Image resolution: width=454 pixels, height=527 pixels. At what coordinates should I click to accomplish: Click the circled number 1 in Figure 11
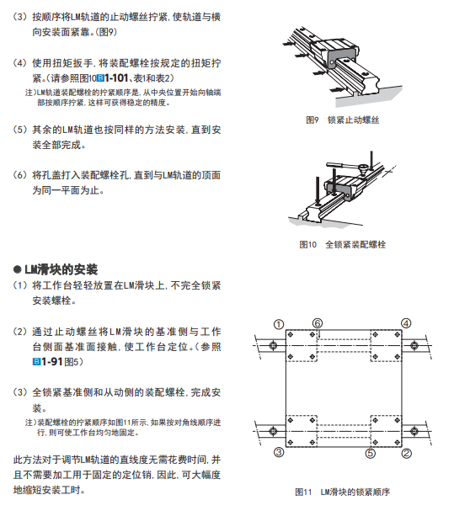click(x=279, y=324)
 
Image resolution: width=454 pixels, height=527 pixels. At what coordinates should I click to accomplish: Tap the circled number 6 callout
click(x=318, y=323)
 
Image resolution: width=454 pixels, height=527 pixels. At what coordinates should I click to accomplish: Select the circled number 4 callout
click(x=406, y=323)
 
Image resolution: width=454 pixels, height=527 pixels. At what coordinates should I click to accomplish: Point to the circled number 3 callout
click(x=279, y=452)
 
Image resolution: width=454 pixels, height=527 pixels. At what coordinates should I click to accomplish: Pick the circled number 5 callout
click(x=371, y=454)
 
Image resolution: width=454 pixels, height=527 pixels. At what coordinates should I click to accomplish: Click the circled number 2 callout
click(x=407, y=454)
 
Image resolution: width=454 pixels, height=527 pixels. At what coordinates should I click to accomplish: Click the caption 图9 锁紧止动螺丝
click(x=342, y=120)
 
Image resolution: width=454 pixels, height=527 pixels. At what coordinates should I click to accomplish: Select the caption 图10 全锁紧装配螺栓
click(x=342, y=244)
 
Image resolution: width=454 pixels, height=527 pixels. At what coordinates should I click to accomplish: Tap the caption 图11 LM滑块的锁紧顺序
click(x=342, y=492)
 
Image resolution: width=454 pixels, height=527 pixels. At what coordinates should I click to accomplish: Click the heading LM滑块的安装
click(x=61, y=269)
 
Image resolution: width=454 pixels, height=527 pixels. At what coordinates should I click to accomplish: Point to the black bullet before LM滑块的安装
click(x=18, y=269)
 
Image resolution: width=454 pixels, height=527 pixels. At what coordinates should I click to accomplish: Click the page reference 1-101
click(x=116, y=78)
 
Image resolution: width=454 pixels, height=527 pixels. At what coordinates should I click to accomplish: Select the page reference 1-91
click(x=52, y=362)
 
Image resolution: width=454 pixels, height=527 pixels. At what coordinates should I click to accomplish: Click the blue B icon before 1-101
click(x=100, y=78)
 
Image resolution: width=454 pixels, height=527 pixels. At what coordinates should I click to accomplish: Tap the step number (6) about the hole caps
click(x=19, y=175)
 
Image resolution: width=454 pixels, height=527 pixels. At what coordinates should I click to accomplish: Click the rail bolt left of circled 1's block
click(x=273, y=345)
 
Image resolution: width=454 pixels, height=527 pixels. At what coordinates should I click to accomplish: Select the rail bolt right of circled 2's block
click(x=414, y=431)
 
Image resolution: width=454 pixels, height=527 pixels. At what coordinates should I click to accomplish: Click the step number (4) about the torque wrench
click(x=19, y=63)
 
